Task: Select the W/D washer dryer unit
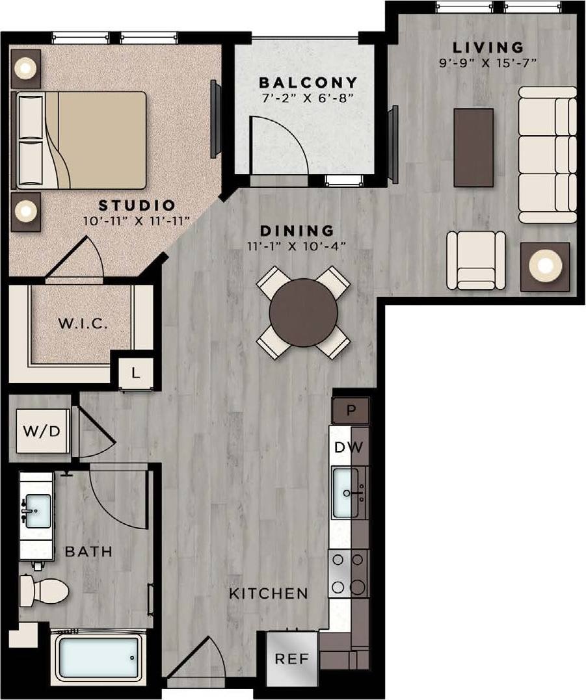(x=42, y=431)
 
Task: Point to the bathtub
(x=97, y=658)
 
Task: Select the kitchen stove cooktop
(x=348, y=573)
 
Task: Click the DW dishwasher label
(x=348, y=448)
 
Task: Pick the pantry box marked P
(x=351, y=411)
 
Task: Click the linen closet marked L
(x=135, y=373)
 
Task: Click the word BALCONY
(x=308, y=83)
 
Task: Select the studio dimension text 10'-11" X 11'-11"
(x=137, y=221)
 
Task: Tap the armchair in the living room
(x=476, y=260)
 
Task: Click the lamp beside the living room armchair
(x=545, y=266)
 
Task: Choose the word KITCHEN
(x=269, y=593)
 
